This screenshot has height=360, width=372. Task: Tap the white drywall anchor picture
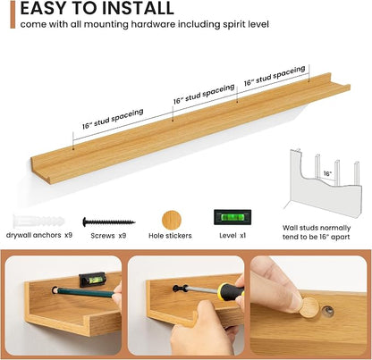click(x=38, y=222)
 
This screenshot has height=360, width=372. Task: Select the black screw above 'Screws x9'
click(x=108, y=222)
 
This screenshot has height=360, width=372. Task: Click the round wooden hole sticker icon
click(x=172, y=221)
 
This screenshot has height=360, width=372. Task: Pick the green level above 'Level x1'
click(x=232, y=217)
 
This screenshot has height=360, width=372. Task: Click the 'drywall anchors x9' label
click(x=39, y=235)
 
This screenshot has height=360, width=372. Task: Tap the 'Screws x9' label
click(x=108, y=236)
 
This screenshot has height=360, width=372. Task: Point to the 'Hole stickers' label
click(x=170, y=236)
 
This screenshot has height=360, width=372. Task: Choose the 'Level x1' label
click(x=232, y=235)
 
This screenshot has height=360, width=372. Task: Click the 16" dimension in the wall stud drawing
click(x=327, y=173)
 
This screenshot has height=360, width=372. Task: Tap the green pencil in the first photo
click(x=84, y=292)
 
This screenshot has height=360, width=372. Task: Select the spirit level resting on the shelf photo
click(x=92, y=280)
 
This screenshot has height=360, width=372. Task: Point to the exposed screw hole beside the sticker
click(x=328, y=311)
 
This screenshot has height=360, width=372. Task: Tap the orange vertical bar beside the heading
click(x=13, y=14)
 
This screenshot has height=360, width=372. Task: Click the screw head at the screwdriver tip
click(x=177, y=288)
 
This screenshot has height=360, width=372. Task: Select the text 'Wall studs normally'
click(x=317, y=228)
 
